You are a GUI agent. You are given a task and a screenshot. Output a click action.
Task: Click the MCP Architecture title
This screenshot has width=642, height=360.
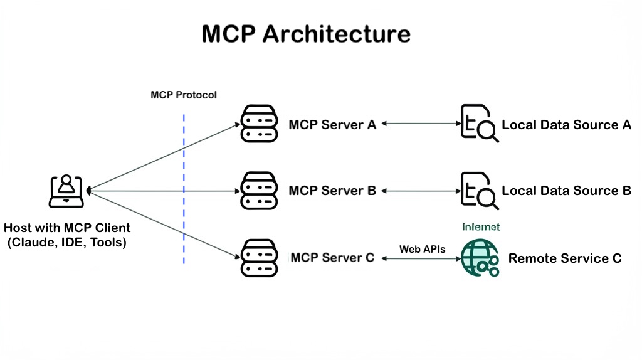306,33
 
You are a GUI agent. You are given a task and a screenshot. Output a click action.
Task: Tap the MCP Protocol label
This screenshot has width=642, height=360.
184,95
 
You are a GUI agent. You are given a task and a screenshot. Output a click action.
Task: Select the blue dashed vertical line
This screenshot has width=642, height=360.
184,188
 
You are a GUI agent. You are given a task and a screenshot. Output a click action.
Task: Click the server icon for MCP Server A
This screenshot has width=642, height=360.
259,124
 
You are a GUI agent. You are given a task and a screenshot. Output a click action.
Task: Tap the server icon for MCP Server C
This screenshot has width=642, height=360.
259,258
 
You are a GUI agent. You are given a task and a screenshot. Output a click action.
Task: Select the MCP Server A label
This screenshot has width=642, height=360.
332,125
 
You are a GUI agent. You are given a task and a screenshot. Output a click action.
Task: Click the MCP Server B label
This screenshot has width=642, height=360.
332,191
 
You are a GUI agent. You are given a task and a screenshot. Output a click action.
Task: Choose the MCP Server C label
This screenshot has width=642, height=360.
332,258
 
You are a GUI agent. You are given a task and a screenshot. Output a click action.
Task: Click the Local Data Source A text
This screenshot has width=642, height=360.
566,125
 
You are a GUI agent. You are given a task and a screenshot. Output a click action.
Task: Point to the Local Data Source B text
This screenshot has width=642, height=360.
566,191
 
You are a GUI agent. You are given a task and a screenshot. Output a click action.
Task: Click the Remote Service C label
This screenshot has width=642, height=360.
564,258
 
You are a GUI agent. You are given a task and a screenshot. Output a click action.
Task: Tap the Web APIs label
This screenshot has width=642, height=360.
422,249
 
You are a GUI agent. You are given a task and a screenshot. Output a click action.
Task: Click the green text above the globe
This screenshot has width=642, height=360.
481,227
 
